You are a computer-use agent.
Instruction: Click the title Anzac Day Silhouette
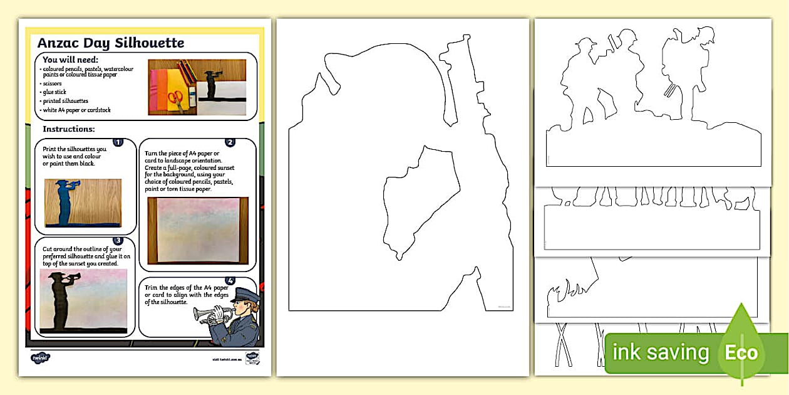(111, 43)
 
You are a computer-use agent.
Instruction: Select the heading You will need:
(70, 60)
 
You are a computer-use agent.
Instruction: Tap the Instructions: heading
(69, 129)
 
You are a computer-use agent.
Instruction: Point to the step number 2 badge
(230, 142)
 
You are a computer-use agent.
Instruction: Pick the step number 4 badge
(230, 280)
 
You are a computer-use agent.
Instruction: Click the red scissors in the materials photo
(177, 100)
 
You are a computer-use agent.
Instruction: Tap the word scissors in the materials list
(52, 83)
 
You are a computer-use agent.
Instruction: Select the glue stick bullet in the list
(54, 92)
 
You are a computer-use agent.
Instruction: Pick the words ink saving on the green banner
(661, 353)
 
